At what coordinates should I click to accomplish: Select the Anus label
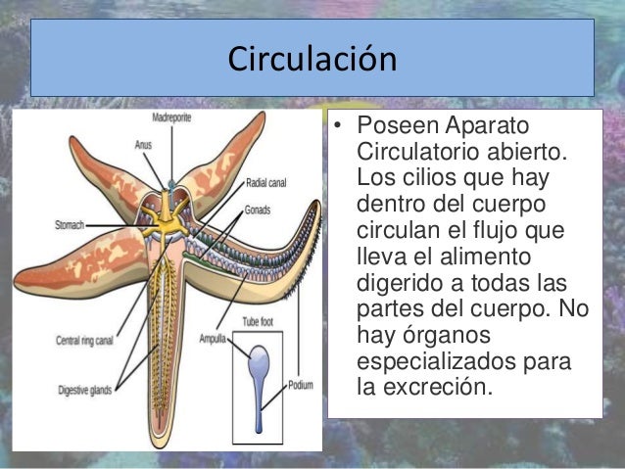point(143,145)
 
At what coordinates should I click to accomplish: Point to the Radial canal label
point(265,181)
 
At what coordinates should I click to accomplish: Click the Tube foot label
point(258,320)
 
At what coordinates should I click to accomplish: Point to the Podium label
point(301,386)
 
